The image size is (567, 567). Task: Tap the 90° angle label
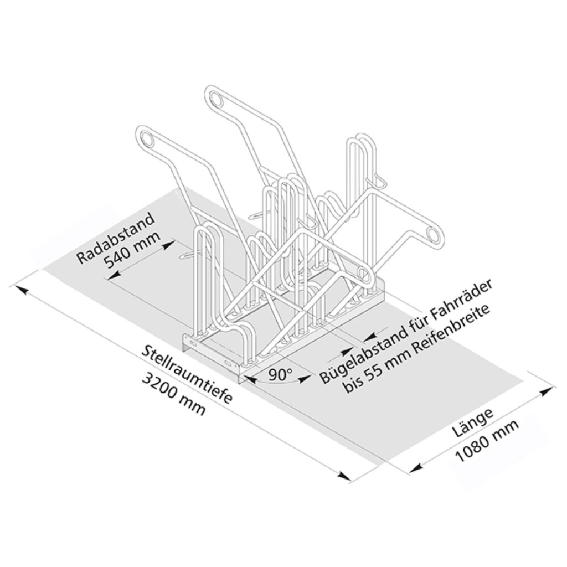[x=280, y=375]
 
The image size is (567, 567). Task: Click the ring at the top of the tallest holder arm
[x=214, y=99]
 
